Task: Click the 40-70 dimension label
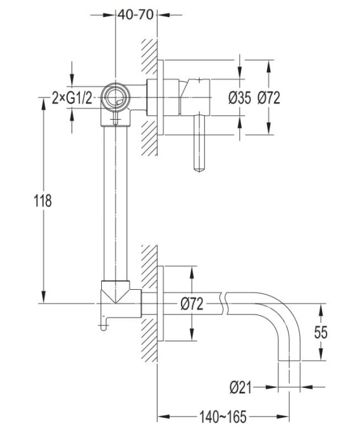[135, 15]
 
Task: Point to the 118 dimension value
[43, 201]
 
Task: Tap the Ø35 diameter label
[239, 98]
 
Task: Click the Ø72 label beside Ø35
[268, 98]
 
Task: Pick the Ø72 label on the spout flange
[192, 304]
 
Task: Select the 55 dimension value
[321, 332]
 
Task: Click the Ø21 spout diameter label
[240, 387]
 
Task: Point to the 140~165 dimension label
[223, 416]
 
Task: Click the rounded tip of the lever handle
[199, 169]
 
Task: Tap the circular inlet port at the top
[116, 97]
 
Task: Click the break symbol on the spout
[225, 304]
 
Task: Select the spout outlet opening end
[289, 361]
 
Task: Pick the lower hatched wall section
[149, 303]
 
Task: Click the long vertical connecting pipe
[116, 203]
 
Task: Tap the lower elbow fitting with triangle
[121, 299]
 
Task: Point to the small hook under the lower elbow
[104, 324]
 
